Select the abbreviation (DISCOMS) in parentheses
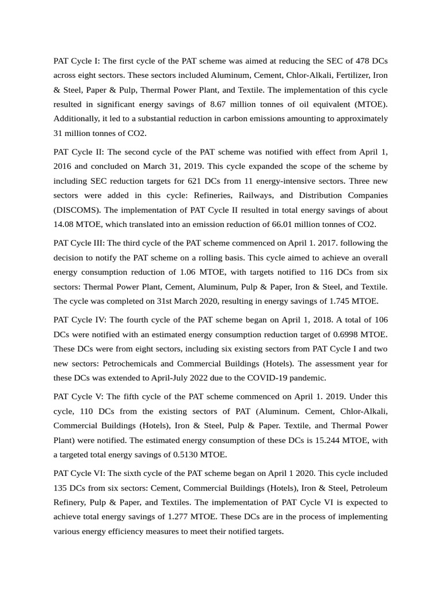(x=75, y=210)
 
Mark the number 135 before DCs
(x=63, y=487)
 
